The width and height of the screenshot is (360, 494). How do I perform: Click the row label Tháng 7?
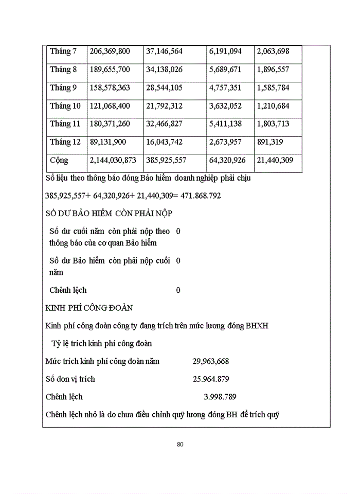(63, 51)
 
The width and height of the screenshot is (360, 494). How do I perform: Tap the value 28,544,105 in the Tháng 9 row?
(164, 87)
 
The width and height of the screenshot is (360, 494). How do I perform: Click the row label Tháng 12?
(65, 142)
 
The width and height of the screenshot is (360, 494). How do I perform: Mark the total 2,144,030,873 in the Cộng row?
(113, 160)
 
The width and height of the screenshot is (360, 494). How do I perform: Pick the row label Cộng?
(59, 160)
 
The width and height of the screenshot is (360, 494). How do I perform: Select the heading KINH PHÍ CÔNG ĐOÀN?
(89, 308)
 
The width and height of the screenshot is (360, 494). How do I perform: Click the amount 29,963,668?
(211, 361)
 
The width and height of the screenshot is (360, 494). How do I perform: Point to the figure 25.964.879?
(211, 379)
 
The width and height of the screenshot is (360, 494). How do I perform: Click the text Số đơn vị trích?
(70, 379)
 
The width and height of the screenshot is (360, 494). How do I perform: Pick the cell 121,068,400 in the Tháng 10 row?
(110, 106)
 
